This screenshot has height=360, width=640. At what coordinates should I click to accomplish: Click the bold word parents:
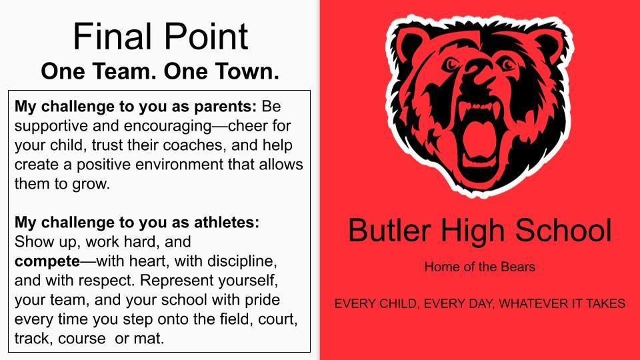(225, 107)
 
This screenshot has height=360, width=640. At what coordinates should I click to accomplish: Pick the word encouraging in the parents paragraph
(168, 127)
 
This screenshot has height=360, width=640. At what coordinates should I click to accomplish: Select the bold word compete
(47, 262)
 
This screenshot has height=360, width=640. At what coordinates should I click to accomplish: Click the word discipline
(242, 261)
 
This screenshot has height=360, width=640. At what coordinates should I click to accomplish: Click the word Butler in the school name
(389, 230)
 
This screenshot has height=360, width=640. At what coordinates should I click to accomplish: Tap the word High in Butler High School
(472, 231)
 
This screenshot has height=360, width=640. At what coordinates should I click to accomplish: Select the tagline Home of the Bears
(479, 267)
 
